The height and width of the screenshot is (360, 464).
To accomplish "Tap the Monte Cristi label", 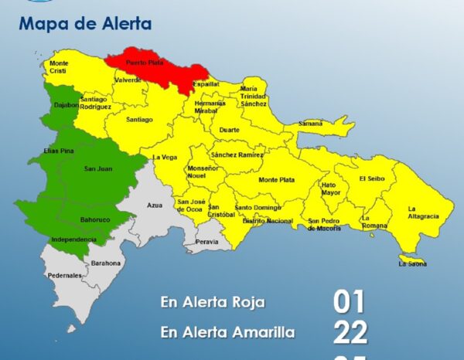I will tap(59, 66).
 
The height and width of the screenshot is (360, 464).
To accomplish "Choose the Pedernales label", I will tap(64, 275).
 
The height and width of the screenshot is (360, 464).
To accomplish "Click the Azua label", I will tap(155, 205).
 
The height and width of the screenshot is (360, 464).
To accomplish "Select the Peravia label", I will tap(207, 242).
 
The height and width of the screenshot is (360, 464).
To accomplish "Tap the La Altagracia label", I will tap(423, 212).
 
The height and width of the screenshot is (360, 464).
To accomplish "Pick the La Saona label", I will tap(412, 263).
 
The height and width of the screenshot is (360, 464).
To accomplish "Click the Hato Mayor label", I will tap(330, 188).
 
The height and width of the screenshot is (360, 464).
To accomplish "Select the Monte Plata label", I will tap(277, 179).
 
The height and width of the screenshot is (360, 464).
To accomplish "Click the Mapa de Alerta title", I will tap(85, 23).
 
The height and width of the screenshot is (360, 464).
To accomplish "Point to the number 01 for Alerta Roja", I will tap(349, 302).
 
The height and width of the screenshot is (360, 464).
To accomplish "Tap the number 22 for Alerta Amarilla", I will tap(350, 333).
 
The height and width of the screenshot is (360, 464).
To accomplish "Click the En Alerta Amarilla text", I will tap(227, 332).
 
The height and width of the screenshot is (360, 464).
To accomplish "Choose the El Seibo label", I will tap(371, 178).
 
